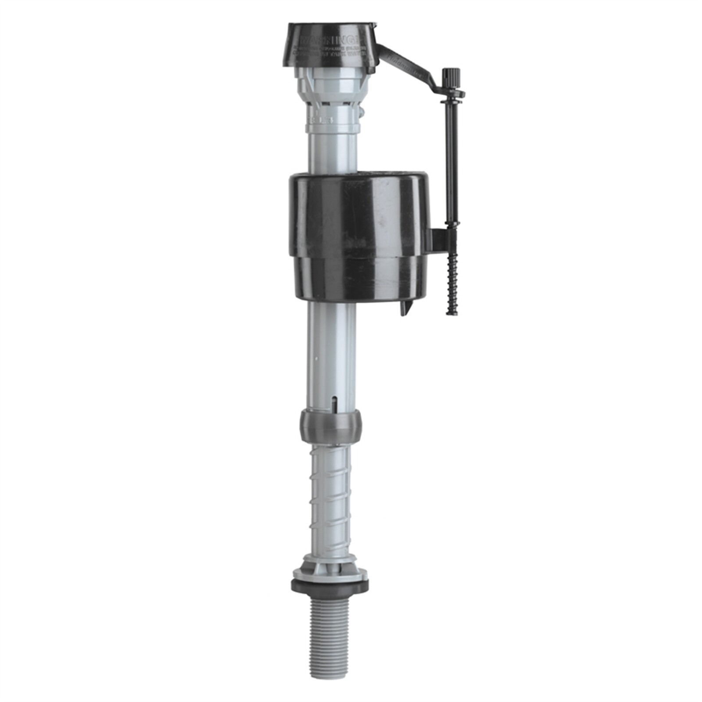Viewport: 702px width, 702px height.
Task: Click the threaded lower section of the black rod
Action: (451, 285)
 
